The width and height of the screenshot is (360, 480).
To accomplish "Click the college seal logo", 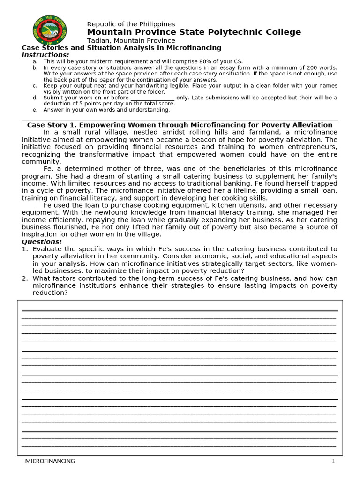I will [x=49, y=30].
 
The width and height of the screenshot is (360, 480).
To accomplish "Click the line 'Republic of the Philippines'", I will [x=131, y=24].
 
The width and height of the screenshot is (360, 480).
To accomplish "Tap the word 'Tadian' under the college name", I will [x=98, y=41].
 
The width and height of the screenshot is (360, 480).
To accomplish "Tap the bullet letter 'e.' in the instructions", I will [x=35, y=110].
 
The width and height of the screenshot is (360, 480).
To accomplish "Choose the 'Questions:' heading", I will [x=42, y=242].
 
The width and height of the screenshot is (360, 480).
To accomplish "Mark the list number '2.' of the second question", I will [x=25, y=278].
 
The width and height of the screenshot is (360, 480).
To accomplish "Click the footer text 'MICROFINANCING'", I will [x=50, y=461].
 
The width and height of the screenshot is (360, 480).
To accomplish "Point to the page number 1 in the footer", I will [x=333, y=461].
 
